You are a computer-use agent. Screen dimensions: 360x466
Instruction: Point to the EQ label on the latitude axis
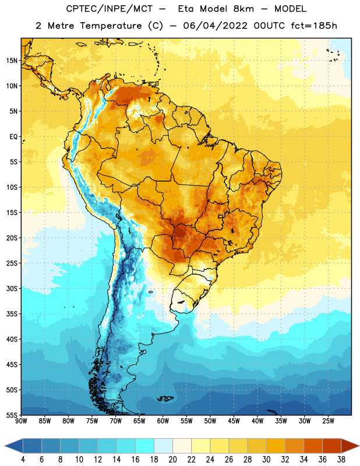click(x=13, y=137)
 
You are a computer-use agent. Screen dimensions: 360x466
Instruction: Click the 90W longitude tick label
click(x=22, y=421)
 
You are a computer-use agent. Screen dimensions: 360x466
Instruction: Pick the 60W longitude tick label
click(x=163, y=421)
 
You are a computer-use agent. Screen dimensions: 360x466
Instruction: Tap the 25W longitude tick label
click(x=328, y=421)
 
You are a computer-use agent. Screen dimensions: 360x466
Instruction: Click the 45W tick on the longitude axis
click(x=234, y=421)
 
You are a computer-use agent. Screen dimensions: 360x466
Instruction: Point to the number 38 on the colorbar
click(x=341, y=460)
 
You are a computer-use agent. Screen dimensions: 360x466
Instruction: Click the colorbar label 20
click(x=172, y=460)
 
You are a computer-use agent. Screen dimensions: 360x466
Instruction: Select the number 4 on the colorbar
click(x=23, y=460)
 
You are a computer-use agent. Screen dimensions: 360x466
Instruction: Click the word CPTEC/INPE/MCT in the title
click(x=110, y=9)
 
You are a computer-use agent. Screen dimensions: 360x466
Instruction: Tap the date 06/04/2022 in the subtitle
click(x=215, y=26)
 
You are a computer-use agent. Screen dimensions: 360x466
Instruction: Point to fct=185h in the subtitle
click(x=314, y=26)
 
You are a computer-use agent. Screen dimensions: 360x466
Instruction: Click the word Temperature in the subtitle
click(x=111, y=26)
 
